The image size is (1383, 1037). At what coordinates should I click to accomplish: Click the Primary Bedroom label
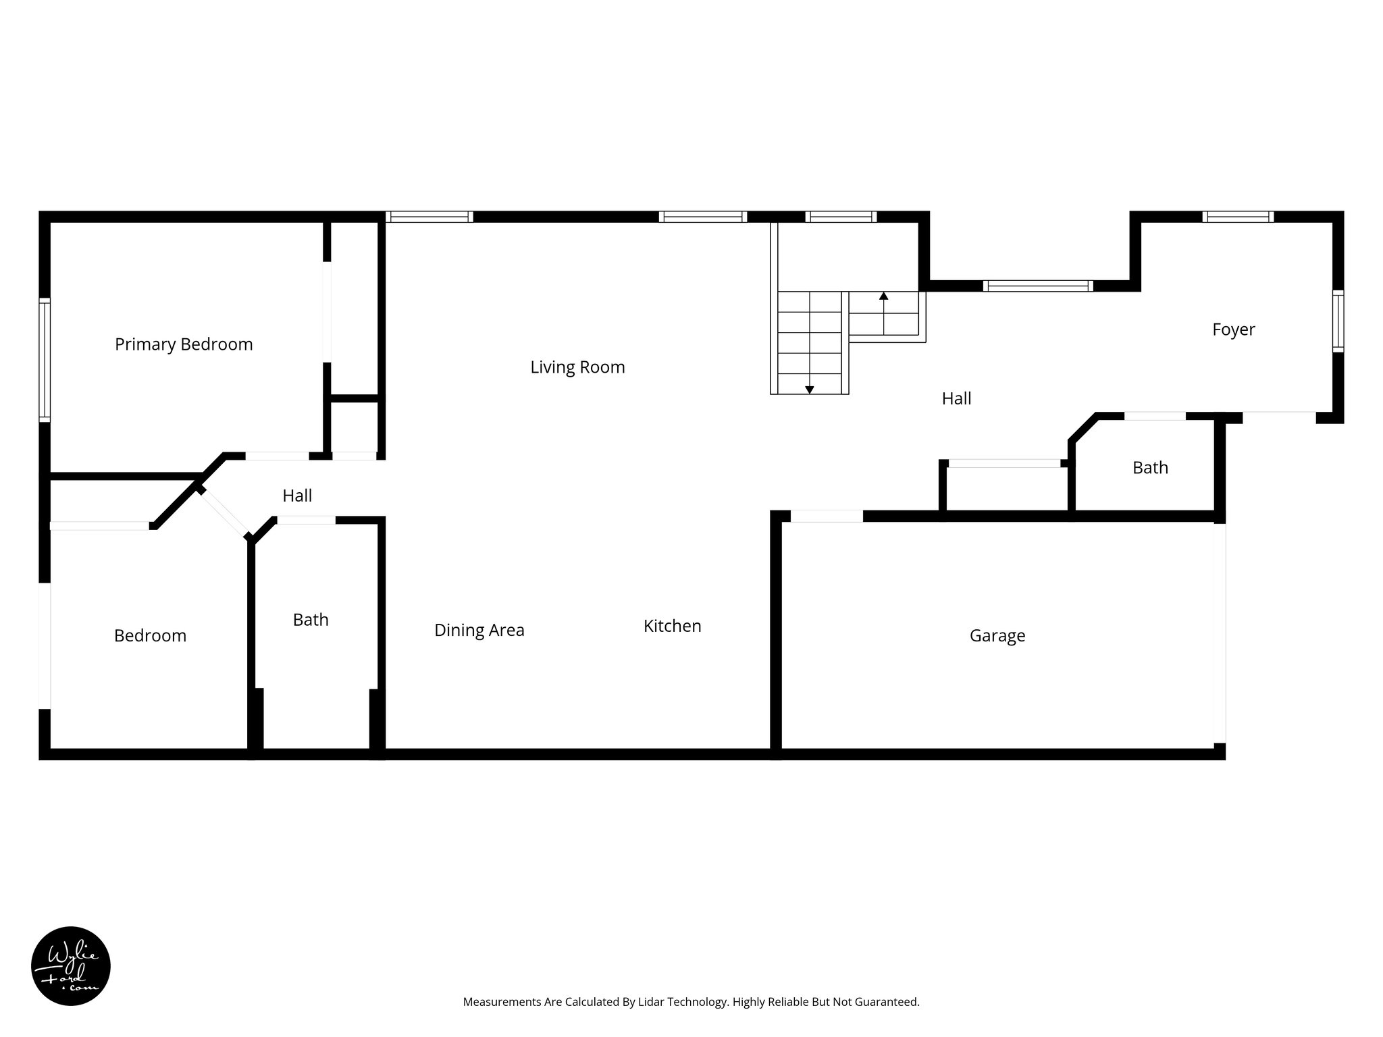pyautogui.click(x=184, y=344)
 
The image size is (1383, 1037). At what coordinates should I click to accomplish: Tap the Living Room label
pyautogui.click(x=577, y=367)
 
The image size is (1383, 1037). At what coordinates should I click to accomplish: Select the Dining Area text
pyautogui.click(x=479, y=630)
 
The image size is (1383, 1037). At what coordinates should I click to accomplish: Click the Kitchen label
pyautogui.click(x=672, y=626)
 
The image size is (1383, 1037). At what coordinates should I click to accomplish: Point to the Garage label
pyautogui.click(x=997, y=635)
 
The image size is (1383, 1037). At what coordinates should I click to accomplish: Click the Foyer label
pyautogui.click(x=1233, y=329)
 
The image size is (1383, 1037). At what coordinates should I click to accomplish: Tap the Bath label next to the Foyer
pyautogui.click(x=1150, y=467)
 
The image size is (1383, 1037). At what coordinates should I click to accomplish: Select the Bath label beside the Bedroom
pyautogui.click(x=311, y=620)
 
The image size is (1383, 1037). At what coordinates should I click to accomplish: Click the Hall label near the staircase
pyautogui.click(x=956, y=398)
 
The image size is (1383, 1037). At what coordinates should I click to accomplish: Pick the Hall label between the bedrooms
pyautogui.click(x=297, y=496)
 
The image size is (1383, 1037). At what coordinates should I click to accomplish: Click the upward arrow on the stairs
pyautogui.click(x=883, y=296)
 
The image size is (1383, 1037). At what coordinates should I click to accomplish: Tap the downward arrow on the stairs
pyautogui.click(x=809, y=390)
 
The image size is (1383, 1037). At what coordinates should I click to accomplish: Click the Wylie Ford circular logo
pyautogui.click(x=71, y=966)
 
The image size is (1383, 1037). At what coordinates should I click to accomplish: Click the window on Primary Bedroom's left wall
pyautogui.click(x=45, y=359)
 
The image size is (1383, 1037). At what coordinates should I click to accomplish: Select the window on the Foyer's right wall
pyautogui.click(x=1338, y=321)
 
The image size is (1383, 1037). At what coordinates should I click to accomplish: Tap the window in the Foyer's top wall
pyautogui.click(x=1237, y=217)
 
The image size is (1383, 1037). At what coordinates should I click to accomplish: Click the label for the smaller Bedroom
pyautogui.click(x=150, y=635)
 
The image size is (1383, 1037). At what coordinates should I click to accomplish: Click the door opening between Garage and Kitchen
pyautogui.click(x=827, y=516)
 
